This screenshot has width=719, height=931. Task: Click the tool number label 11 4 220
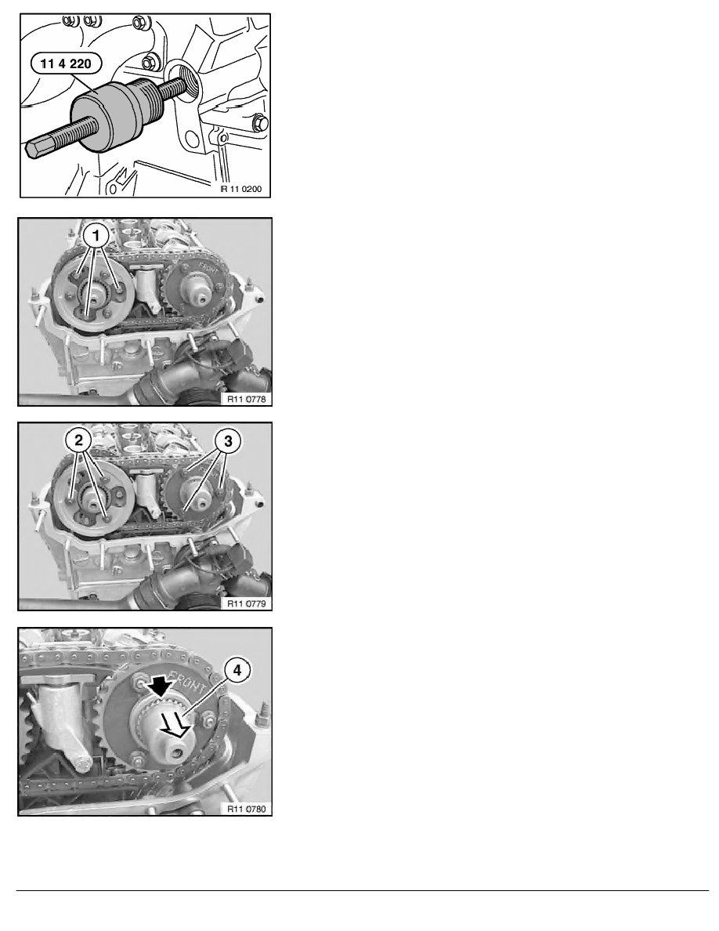[x=66, y=63]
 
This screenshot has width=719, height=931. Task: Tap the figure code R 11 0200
[x=241, y=189]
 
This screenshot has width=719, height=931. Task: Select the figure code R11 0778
[x=247, y=399]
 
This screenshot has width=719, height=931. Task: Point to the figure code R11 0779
[x=247, y=603]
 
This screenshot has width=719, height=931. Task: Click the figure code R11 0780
[x=247, y=809]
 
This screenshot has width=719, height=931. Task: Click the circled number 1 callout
[x=96, y=236]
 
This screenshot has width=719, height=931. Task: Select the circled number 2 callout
[x=79, y=440]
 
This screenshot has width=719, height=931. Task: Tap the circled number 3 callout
[x=228, y=440]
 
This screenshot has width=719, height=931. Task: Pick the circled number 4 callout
[x=237, y=670]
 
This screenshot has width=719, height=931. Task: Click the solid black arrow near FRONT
[x=161, y=687]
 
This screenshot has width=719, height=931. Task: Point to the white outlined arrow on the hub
[x=179, y=725]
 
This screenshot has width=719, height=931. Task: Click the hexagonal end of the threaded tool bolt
[x=37, y=146]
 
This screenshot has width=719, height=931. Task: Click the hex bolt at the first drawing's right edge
[x=261, y=124]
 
